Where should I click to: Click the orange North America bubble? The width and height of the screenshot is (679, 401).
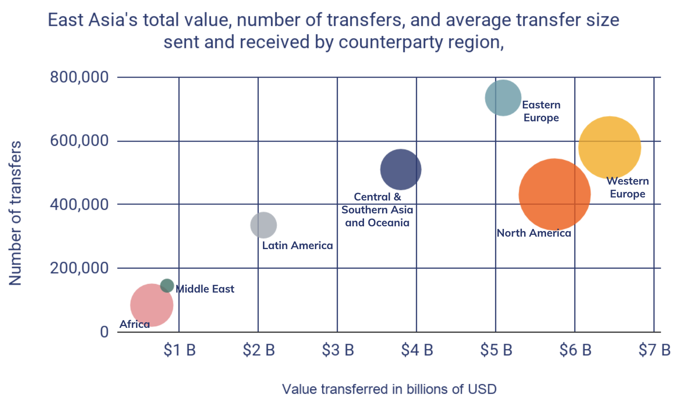coord(554,194)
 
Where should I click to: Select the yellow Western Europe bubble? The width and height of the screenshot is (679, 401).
coord(609,148)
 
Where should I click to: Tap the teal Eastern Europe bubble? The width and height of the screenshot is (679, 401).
coord(503,98)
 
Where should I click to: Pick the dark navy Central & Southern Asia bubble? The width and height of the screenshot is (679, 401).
coord(401,170)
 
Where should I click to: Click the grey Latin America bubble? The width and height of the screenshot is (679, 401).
coord(263,225)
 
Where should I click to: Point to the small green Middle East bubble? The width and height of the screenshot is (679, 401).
coord(167,285)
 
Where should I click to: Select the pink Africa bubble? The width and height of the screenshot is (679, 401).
coord(151,305)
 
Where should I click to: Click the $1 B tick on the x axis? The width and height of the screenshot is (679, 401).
coord(179,350)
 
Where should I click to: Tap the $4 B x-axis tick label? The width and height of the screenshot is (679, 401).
coord(417,350)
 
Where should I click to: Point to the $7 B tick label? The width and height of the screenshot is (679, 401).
coord(654,350)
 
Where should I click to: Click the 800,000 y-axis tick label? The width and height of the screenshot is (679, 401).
coord(79,77)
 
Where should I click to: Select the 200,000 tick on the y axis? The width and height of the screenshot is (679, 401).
coord(79,268)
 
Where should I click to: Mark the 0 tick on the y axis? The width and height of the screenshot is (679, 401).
coord(104,332)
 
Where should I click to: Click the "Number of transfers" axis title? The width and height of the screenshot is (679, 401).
coord(15,213)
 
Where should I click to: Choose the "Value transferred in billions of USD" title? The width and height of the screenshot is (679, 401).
coord(389,389)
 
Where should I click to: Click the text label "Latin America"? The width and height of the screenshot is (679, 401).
coord(297,245)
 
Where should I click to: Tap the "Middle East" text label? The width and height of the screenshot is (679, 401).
coord(205,289)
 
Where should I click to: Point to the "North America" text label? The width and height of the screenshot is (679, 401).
coord(534,233)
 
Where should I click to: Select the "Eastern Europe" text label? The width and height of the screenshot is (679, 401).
coord(541,111)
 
